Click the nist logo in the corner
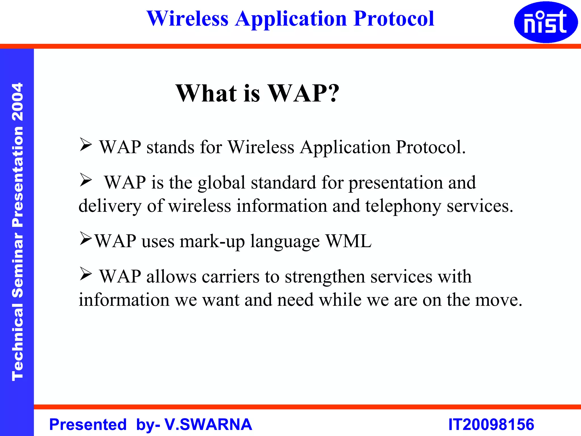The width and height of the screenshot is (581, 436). click(x=546, y=22)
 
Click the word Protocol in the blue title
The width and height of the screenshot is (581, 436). click(x=394, y=19)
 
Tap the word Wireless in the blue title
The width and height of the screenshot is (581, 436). click(x=188, y=19)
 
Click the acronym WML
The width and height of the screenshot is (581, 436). click(x=348, y=241)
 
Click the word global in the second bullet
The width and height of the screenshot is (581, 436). click(x=221, y=183)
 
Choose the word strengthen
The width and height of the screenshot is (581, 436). click(x=325, y=277)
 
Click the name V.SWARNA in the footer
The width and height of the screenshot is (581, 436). click(x=208, y=424)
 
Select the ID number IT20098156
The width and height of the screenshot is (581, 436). click(x=491, y=424)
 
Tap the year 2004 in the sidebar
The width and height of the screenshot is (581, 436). click(x=18, y=102)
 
